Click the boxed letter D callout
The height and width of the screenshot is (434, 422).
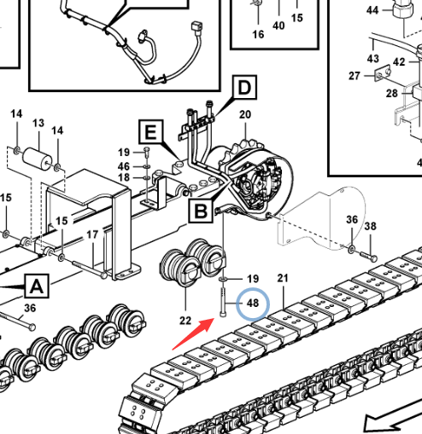pyautogui.click(x=244, y=88)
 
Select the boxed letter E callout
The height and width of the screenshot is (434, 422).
pyautogui.click(x=151, y=132)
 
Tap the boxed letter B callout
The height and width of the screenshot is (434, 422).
pyautogui.click(x=201, y=211)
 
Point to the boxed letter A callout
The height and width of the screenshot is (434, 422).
pyautogui.click(x=37, y=286)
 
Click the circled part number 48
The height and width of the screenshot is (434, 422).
pyautogui.click(x=253, y=304)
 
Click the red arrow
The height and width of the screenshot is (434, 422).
pyautogui.click(x=193, y=333)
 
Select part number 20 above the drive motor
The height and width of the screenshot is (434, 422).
pyautogui.click(x=245, y=114)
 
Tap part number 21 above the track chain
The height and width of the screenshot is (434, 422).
pyautogui.click(x=283, y=278)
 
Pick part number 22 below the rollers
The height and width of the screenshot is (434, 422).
pyautogui.click(x=185, y=321)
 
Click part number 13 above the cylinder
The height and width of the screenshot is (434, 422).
pyautogui.click(x=38, y=123)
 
